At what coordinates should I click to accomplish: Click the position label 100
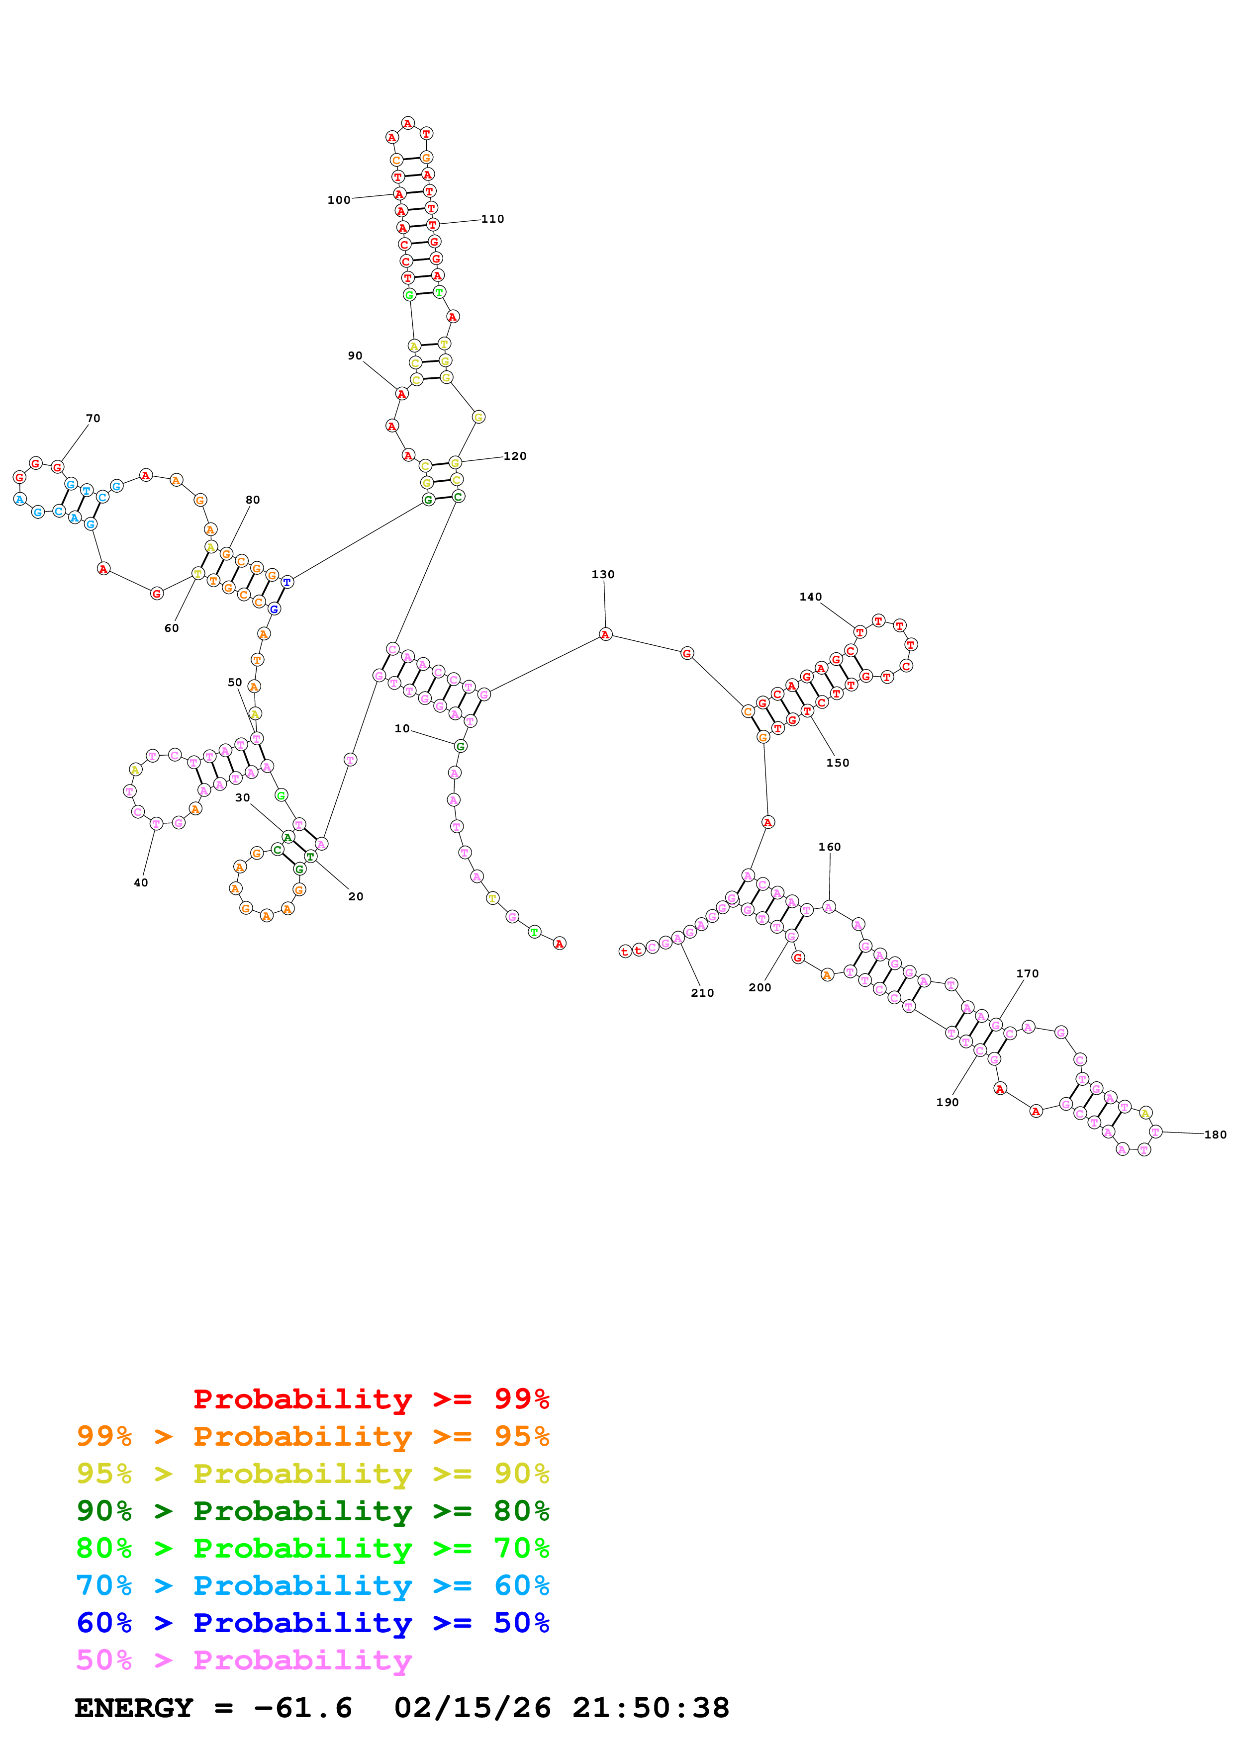click(339, 200)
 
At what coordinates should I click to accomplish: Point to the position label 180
click(1215, 1135)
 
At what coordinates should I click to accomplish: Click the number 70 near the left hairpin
click(93, 419)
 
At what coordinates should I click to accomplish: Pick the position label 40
click(141, 882)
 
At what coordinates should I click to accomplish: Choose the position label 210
click(702, 993)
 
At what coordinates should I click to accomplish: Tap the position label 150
click(837, 763)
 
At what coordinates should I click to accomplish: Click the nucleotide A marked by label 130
click(605, 634)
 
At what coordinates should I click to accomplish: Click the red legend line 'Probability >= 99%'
click(371, 1398)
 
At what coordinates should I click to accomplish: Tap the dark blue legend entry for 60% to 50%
click(312, 1623)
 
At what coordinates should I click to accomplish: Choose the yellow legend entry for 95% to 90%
click(312, 1474)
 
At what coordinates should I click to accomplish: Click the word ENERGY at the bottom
click(134, 1708)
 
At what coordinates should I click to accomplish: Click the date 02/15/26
click(473, 1708)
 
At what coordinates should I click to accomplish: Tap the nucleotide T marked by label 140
click(859, 632)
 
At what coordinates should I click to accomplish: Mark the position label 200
click(759, 987)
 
